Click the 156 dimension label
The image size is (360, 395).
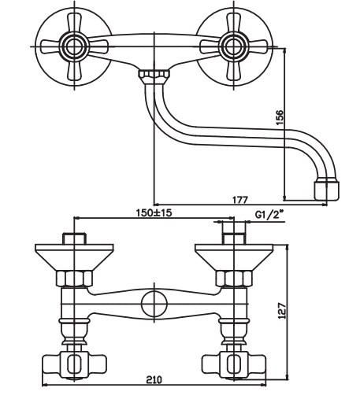(280, 117)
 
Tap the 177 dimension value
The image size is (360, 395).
(240, 200)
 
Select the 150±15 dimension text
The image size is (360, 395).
(154, 212)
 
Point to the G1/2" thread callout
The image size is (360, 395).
(269, 215)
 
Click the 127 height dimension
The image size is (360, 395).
(282, 311)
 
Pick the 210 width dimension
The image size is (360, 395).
(154, 379)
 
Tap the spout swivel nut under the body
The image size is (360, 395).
(154, 74)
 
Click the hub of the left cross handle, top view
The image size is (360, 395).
(74, 47)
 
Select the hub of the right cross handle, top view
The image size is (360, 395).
(233, 47)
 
